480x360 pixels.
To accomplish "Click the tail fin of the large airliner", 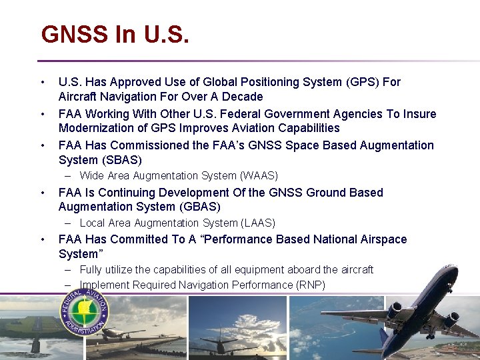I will [385, 341].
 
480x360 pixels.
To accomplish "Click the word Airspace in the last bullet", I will [383, 239].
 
